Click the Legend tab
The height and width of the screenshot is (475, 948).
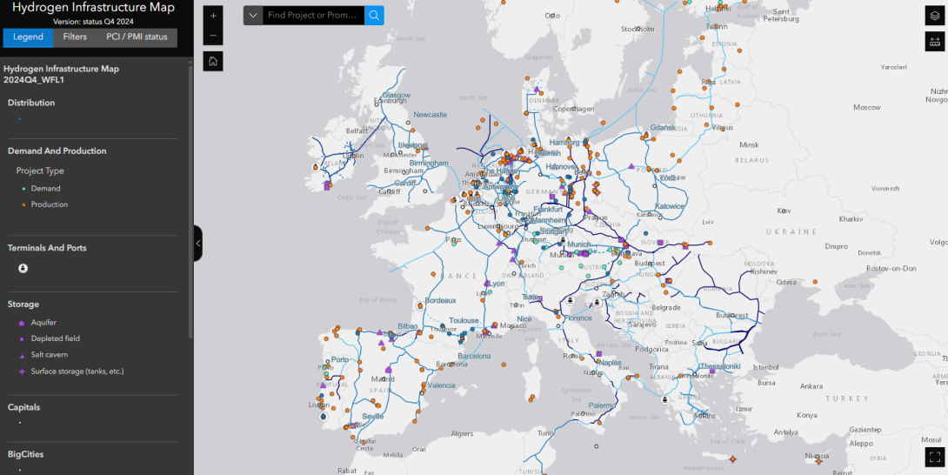coord(28,37)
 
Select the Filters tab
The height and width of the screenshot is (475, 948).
coord(75,37)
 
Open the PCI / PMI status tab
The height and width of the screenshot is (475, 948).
coord(137,37)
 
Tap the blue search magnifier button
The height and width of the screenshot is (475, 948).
coord(374,16)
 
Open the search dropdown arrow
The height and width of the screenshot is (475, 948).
coord(253,16)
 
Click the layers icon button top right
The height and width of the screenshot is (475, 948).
coord(935,16)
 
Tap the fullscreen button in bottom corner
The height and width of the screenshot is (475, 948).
coord(935,456)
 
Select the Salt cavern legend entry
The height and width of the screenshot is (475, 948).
coord(49,355)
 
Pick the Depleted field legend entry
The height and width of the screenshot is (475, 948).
coord(55,338)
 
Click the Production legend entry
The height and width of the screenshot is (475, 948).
coord(49,204)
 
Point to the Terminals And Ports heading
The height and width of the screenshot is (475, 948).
coord(47,248)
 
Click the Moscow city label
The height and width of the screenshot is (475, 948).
coord(866,108)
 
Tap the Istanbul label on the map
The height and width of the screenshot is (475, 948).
coord(765,367)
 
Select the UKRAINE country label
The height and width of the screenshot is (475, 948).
coord(791,232)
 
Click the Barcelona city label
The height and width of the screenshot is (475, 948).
coord(475,356)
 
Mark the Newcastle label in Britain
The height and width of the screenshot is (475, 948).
coord(430,115)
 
